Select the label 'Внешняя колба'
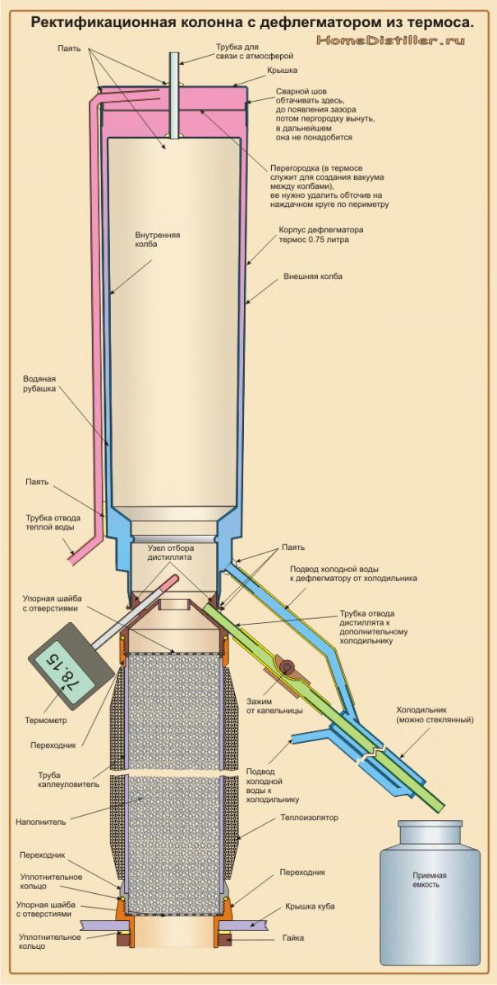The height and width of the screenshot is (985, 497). click(312, 277)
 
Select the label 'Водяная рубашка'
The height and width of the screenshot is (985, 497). click(39, 384)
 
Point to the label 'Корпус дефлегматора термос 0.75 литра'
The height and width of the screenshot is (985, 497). click(320, 236)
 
